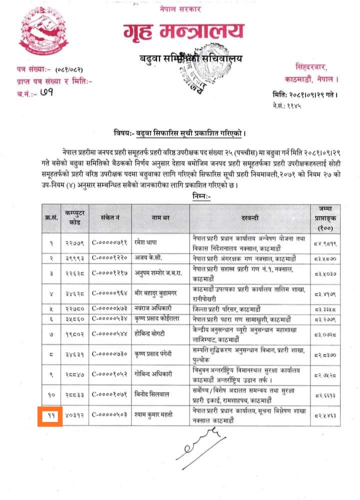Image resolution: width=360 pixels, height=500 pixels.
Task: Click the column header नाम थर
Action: [x=160, y=218]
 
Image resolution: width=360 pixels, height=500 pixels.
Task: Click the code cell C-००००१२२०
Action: [x=110, y=258]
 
